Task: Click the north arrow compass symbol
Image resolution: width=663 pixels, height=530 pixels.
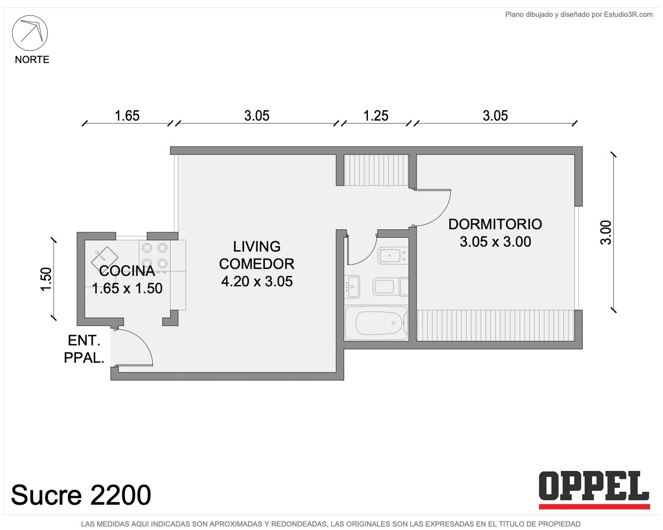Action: pos(30,33)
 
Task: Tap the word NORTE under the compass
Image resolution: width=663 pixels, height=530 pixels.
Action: pos(32,60)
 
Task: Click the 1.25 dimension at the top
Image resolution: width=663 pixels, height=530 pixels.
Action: pos(376,116)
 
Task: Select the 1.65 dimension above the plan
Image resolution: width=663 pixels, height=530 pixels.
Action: pos(127,116)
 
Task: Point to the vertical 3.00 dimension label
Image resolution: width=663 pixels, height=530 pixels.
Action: pos(605,233)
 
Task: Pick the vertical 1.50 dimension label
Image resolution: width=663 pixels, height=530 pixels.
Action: pos(46,279)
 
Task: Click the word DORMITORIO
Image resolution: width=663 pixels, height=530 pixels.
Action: pos(495,224)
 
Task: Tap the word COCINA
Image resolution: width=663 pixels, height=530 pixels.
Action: pos(127,271)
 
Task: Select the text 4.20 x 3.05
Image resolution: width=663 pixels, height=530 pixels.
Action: pos(257,281)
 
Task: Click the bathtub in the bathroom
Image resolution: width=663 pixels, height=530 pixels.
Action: pos(376,323)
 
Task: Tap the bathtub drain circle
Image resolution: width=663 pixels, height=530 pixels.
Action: pos(393,323)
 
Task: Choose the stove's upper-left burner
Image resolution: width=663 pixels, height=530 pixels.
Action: pos(147,248)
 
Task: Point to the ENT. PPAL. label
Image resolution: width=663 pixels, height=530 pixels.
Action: pos(84,349)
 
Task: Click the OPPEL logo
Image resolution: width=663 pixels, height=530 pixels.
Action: pos(594,490)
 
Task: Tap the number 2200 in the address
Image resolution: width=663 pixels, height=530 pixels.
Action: pos(121,495)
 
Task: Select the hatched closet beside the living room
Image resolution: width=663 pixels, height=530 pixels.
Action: pos(376,170)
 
